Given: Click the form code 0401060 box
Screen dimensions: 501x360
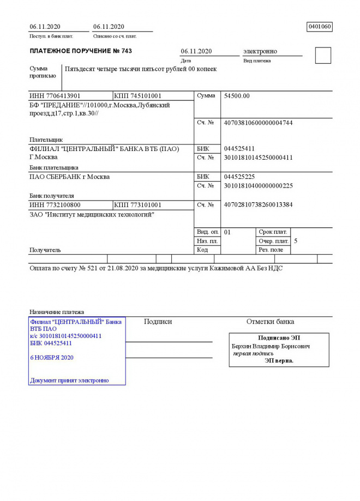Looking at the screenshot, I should tap(320, 27).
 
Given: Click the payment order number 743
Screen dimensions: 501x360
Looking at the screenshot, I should tap(125, 51).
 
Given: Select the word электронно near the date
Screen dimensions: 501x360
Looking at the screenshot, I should tap(260, 51).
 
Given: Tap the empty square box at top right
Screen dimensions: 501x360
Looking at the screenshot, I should tap(323, 56).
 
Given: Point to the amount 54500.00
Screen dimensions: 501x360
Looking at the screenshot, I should tap(237, 96).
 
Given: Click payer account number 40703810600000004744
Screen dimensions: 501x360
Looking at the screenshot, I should tap(258, 123).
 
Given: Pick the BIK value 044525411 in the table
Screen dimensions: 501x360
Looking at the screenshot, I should tap(239, 149).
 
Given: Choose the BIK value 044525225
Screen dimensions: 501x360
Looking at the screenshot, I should tap(239, 177).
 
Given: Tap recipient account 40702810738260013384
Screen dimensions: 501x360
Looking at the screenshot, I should tap(258, 205).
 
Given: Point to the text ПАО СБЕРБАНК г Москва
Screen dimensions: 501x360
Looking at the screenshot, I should tap(69, 177).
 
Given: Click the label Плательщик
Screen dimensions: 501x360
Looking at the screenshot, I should tap(46, 140).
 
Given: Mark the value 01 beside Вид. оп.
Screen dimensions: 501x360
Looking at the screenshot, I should tap(227, 232).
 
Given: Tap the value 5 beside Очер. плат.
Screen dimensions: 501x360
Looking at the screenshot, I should tap(296, 240).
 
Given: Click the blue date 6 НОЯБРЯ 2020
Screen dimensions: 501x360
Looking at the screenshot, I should tap(52, 358).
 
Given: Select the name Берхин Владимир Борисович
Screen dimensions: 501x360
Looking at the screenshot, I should tap(271, 346).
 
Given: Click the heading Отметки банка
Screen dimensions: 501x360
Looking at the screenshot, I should tap(270, 322).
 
